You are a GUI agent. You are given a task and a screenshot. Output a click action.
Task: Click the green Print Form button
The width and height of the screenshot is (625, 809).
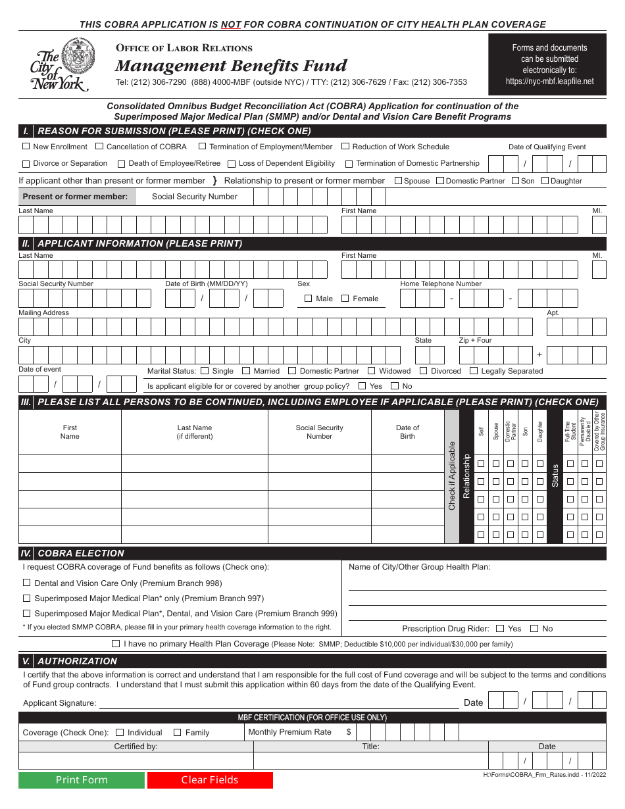pos(81,780)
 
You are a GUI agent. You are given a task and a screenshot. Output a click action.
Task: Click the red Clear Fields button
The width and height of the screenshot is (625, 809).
pos(210,780)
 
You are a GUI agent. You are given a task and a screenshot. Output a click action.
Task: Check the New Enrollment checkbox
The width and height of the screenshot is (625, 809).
pos(26,147)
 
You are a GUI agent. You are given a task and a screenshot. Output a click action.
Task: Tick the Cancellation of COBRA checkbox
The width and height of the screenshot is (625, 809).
pos(99,147)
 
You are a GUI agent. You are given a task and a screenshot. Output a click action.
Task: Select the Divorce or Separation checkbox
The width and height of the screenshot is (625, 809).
pos(26,164)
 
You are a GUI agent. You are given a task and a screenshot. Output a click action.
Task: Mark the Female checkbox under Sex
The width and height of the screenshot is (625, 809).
pos(345,299)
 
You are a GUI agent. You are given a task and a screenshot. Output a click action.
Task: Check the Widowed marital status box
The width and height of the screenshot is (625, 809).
pos(372,371)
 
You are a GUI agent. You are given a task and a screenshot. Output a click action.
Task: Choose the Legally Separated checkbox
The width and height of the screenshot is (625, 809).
pos(474,371)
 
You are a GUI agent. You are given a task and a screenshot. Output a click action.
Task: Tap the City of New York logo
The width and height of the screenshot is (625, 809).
pos(63,64)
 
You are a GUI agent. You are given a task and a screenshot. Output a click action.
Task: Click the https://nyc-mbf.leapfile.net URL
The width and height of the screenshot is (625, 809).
pos(549,82)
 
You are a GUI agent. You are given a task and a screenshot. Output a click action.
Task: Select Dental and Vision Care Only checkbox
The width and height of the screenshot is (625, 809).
pos(27,583)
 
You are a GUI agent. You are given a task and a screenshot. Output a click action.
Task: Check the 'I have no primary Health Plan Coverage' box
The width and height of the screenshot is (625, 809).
pos(116,644)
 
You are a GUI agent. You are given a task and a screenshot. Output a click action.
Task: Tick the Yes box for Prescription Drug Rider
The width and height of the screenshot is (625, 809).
pos(500,629)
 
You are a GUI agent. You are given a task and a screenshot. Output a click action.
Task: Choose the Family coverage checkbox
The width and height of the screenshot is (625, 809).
pos(177,733)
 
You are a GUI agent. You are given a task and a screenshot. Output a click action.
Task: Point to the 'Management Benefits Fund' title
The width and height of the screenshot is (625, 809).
pos(231,66)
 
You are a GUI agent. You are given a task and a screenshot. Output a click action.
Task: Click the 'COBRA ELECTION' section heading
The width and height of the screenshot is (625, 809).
pos(81,553)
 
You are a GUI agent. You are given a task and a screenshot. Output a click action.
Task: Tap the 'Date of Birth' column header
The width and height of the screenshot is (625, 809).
pos(407,432)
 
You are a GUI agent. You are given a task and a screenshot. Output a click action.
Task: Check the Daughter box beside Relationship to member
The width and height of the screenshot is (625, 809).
pos(545,181)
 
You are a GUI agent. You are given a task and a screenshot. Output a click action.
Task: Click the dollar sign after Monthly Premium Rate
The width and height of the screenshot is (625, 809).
pos(349,732)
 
